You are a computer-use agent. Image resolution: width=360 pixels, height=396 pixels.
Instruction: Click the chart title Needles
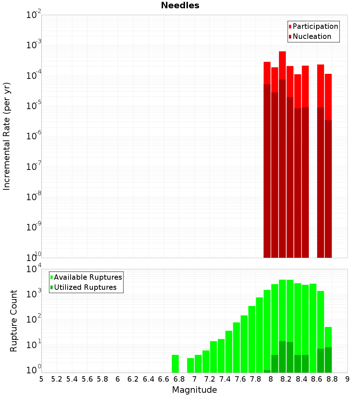click(x=180, y=5)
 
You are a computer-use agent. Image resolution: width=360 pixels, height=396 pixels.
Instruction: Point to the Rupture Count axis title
click(x=14, y=321)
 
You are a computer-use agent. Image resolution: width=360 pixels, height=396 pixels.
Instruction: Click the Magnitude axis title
click(x=194, y=390)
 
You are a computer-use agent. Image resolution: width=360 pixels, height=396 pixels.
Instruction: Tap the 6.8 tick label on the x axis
click(x=179, y=379)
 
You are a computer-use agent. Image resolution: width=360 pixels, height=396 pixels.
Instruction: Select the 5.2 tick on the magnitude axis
click(x=57, y=379)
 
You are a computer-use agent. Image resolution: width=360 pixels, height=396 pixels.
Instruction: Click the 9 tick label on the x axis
click(x=347, y=379)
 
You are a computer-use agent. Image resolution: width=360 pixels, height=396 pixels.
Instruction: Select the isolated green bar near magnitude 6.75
click(x=175, y=364)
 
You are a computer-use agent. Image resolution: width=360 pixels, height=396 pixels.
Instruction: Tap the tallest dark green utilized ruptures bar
click(x=282, y=356)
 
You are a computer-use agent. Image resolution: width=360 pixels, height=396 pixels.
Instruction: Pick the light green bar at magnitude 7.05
click(x=198, y=364)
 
